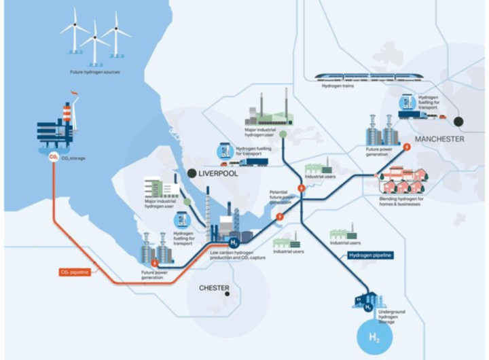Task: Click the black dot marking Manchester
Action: coord(460,122)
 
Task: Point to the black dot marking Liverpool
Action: coord(192,174)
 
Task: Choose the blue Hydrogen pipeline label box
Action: coord(372,256)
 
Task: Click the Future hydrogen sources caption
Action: coord(94,72)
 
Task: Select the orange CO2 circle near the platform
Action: coord(53,158)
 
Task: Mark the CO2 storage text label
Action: coord(75,158)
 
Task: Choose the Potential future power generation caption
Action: coord(282,198)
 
